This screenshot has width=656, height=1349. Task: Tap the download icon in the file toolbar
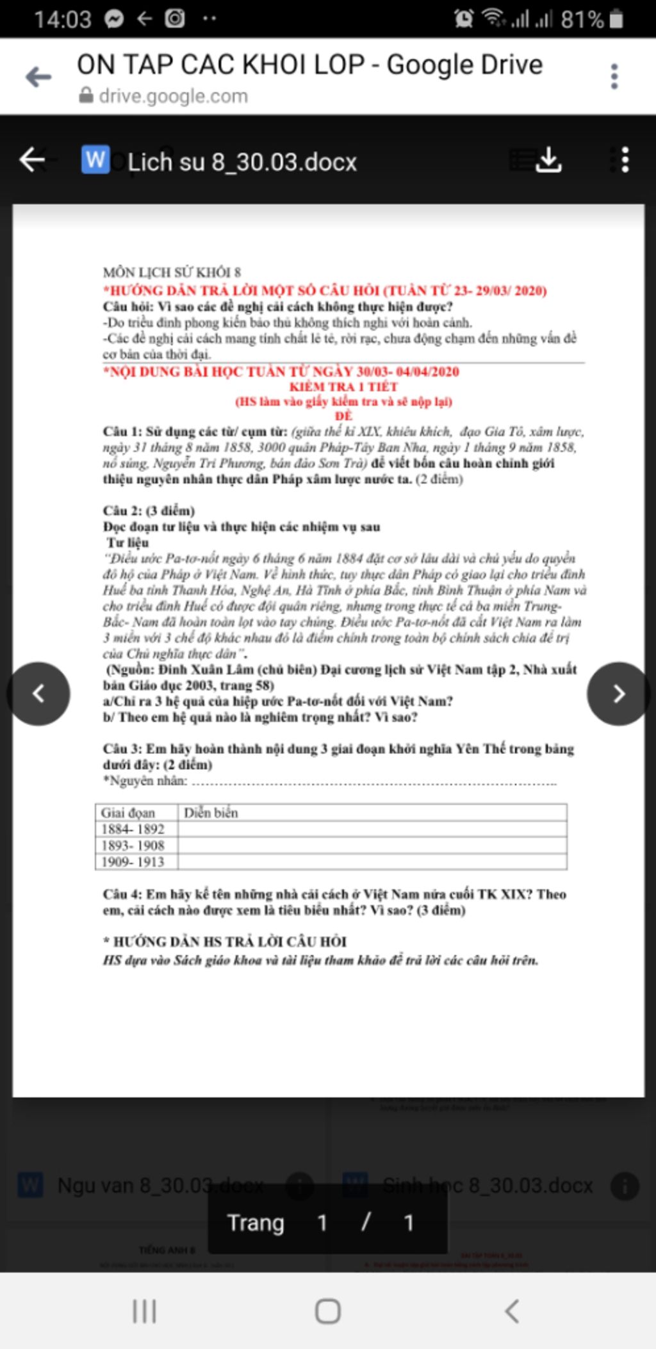pyautogui.click(x=548, y=159)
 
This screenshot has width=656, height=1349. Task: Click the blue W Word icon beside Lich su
pyautogui.click(x=95, y=159)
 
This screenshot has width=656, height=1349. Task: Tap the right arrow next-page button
pyautogui.click(x=618, y=694)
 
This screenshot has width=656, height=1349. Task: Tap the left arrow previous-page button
pyautogui.click(x=38, y=694)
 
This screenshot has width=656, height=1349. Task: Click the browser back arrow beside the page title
pyautogui.click(x=38, y=78)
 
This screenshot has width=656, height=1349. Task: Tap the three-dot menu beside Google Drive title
pyautogui.click(x=614, y=77)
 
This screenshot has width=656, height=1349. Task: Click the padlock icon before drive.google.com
pyautogui.click(x=86, y=96)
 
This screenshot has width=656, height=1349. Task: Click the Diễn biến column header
pyautogui.click(x=211, y=813)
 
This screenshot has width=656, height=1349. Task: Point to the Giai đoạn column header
pyautogui.click(x=128, y=813)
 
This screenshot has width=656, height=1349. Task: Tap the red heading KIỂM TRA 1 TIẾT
pyautogui.click(x=343, y=387)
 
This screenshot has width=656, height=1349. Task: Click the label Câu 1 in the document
pyautogui.click(x=122, y=432)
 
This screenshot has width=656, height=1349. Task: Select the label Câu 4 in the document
pyautogui.click(x=122, y=894)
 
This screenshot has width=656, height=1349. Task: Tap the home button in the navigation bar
pyautogui.click(x=327, y=1311)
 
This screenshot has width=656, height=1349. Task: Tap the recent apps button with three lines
pyautogui.click(x=144, y=1311)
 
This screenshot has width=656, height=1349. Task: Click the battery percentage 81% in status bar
pyautogui.click(x=582, y=19)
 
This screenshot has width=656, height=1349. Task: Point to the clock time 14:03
pyautogui.click(x=63, y=19)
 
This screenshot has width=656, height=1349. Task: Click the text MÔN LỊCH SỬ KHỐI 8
pyautogui.click(x=172, y=272)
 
